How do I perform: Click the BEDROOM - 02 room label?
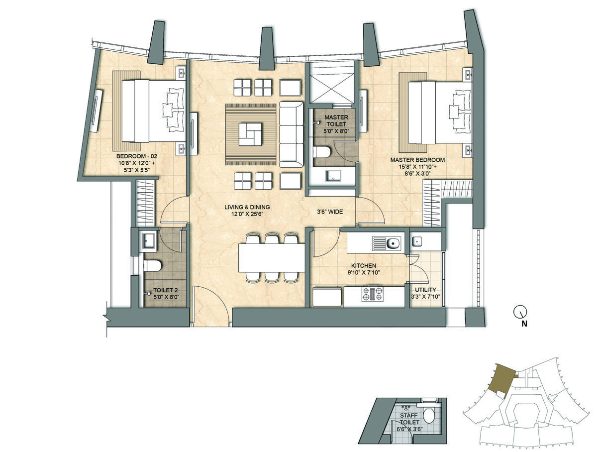click(x=137, y=156)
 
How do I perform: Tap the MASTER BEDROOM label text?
click(x=417, y=160)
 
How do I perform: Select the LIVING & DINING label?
click(x=247, y=207)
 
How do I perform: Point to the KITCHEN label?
click(x=364, y=265)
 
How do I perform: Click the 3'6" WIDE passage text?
click(x=330, y=212)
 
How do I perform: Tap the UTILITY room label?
click(x=425, y=290)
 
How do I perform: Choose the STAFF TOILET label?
click(x=409, y=419)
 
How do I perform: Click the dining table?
click(x=272, y=258)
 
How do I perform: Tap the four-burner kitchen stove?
click(x=372, y=294)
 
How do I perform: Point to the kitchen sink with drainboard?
click(x=387, y=243)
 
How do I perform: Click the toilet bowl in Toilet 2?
click(x=153, y=265)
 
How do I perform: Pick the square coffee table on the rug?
click(x=251, y=134)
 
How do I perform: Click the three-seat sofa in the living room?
click(x=292, y=134)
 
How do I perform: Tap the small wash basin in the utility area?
click(x=417, y=241)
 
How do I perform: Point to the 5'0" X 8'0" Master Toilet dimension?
click(x=336, y=131)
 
